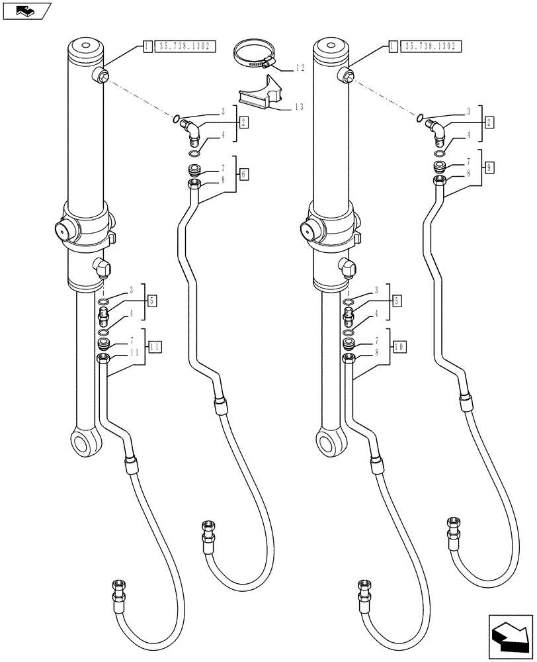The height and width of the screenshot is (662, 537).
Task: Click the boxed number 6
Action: pos(244,174)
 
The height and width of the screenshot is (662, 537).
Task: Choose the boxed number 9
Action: pos(489,167)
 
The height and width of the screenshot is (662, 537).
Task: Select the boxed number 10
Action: pos(399,346)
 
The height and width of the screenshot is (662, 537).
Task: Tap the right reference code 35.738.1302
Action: pos(431,46)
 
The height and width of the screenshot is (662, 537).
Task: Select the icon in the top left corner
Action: pos(26,11)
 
